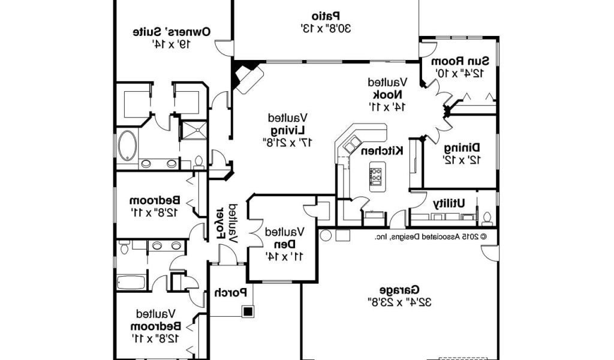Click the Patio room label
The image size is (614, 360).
coord(326,15)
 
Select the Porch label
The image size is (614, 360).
coord(231,293)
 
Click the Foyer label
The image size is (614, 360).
coord(220,224)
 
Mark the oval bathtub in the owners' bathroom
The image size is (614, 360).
coord(127,146)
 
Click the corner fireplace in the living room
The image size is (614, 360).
coord(248,77)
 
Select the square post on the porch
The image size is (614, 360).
coord(247,310)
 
